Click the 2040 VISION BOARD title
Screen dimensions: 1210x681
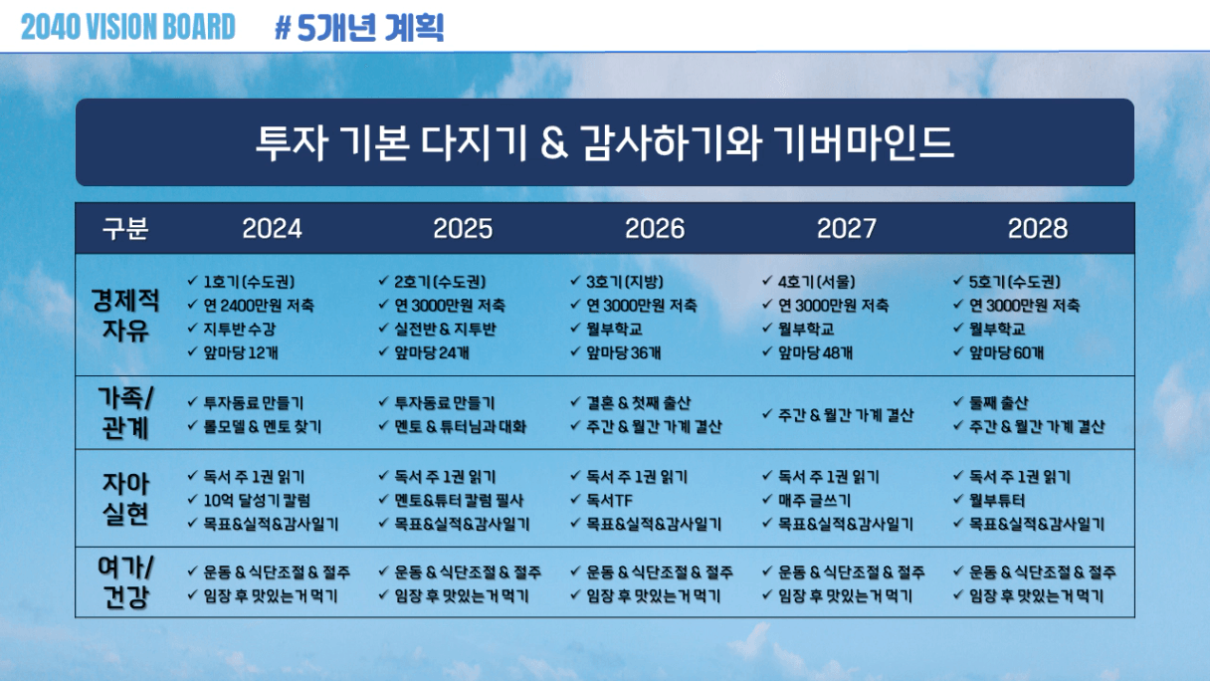(x=128, y=27)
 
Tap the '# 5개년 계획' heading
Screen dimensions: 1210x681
(x=359, y=28)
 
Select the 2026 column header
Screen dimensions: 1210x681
(x=655, y=229)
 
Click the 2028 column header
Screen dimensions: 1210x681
(x=1038, y=229)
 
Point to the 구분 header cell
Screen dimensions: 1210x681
(x=125, y=229)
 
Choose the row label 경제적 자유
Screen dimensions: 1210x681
(x=125, y=315)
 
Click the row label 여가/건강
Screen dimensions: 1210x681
(x=125, y=582)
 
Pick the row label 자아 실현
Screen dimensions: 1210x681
(x=125, y=499)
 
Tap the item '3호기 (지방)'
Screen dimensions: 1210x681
(x=625, y=282)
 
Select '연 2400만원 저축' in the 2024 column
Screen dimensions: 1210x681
(x=259, y=306)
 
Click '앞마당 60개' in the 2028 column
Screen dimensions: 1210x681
(x=1006, y=352)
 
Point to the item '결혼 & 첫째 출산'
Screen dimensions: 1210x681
(x=639, y=402)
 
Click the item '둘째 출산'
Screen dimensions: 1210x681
(x=999, y=402)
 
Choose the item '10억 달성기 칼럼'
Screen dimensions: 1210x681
(x=257, y=501)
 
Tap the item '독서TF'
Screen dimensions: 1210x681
(x=609, y=501)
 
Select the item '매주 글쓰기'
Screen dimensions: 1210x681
(x=814, y=501)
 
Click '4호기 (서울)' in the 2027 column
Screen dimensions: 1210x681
(x=817, y=282)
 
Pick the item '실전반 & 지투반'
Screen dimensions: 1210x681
(x=445, y=330)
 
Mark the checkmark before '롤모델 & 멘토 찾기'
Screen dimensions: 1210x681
(x=192, y=426)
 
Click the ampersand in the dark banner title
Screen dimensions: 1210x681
(x=555, y=143)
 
